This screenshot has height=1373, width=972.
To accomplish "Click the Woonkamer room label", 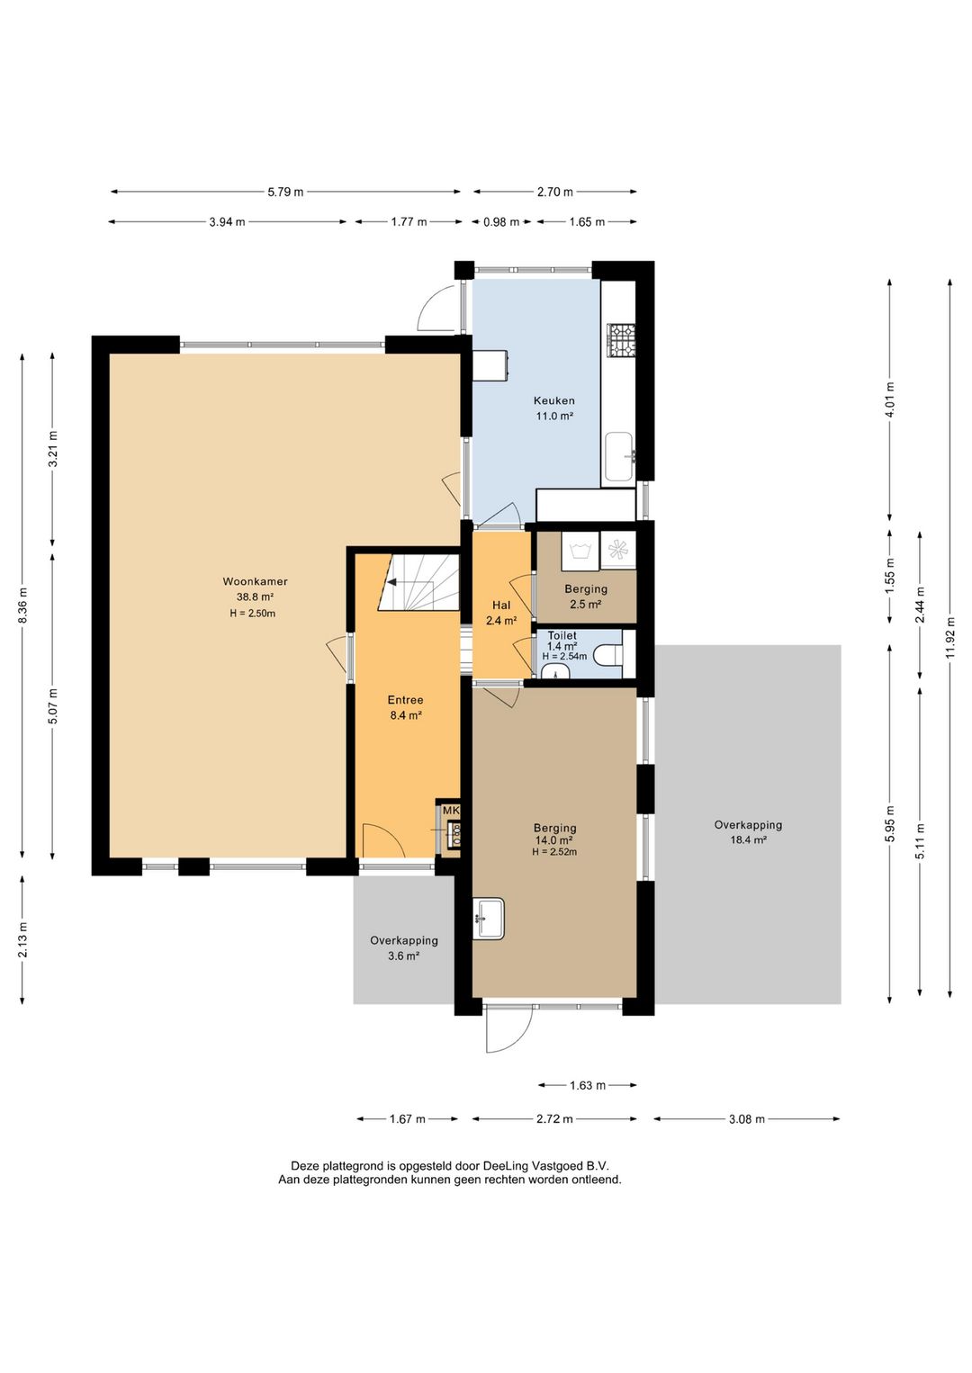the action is (x=255, y=581).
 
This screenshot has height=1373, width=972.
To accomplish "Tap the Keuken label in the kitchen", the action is (x=553, y=400).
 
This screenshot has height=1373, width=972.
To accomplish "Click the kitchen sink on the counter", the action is (x=619, y=456).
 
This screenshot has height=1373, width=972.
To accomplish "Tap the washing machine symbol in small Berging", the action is (x=580, y=550).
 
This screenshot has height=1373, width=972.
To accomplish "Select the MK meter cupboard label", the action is (x=451, y=811).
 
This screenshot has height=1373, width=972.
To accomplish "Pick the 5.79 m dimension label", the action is (x=285, y=192).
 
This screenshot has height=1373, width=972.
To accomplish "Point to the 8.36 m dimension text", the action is (x=22, y=605).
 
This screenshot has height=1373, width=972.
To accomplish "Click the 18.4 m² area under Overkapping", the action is (x=748, y=839).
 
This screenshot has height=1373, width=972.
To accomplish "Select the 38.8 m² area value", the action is (x=255, y=597).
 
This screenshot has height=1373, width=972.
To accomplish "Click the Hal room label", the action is (x=501, y=605).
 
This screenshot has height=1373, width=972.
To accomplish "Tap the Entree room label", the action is (x=405, y=699).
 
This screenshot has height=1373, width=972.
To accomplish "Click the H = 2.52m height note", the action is (x=554, y=851).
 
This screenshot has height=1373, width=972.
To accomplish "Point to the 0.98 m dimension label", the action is (x=501, y=222).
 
